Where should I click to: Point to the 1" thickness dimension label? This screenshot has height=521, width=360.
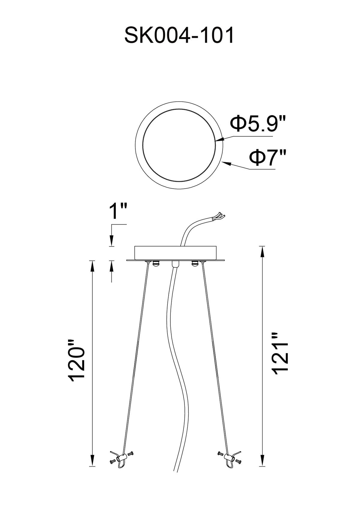(x=118, y=211)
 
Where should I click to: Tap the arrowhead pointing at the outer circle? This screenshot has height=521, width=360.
(x=226, y=163)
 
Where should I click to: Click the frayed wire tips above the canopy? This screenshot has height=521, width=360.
(x=220, y=216)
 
